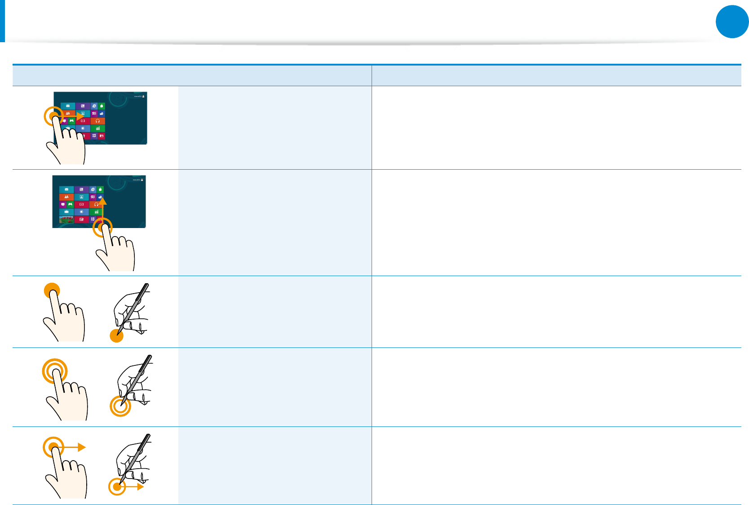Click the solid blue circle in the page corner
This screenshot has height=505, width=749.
(x=732, y=22)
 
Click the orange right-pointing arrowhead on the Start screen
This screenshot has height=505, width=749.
(x=80, y=117)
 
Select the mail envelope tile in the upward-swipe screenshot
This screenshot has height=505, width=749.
(x=66, y=189)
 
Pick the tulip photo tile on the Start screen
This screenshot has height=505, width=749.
(x=66, y=220)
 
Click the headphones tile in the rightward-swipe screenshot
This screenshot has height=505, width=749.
(x=98, y=121)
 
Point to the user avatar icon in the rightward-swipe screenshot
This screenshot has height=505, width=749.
(x=143, y=97)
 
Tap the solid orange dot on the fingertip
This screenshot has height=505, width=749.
(x=52, y=290)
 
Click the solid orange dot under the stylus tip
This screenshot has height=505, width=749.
(x=117, y=335)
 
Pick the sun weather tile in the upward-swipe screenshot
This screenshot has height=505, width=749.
(x=81, y=212)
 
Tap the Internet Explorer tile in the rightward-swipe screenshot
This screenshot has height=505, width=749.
(x=94, y=106)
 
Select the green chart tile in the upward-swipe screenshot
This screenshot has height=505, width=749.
(x=96, y=212)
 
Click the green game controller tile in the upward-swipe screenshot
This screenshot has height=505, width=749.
(x=71, y=204)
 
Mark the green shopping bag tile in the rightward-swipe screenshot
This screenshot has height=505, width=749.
(x=102, y=106)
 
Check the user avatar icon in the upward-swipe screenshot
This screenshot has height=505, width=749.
(x=142, y=180)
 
